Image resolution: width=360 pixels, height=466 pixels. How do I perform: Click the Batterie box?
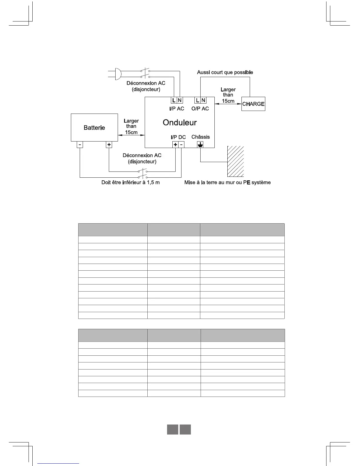(94, 127)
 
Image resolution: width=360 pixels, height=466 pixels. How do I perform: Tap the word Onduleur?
(180, 122)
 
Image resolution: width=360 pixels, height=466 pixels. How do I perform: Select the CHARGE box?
(253, 104)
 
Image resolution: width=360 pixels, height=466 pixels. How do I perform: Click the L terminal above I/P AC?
(174, 100)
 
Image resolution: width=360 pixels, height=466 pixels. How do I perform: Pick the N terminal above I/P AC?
(180, 100)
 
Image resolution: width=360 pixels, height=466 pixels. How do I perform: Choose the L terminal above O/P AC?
(198, 100)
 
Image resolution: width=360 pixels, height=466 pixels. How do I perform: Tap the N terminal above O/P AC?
(203, 100)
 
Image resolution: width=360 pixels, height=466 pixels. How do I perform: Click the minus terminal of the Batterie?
(80, 144)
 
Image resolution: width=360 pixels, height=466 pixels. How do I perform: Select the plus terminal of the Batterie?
(109, 144)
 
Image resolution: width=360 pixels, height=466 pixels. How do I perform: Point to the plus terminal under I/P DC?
(175, 144)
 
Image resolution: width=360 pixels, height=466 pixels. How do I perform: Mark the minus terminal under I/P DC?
(181, 144)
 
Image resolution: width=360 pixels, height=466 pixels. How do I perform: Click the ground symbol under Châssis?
(200, 144)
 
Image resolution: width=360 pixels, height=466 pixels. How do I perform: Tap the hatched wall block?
(236, 161)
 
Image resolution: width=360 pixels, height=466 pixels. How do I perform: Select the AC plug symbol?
(117, 74)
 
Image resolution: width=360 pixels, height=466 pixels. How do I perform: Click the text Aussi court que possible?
(225, 72)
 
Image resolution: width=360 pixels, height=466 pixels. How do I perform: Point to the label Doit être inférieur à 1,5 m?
(131, 182)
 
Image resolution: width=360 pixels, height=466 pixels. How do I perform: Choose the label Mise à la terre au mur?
(227, 182)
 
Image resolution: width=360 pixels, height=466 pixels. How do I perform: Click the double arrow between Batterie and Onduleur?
(131, 135)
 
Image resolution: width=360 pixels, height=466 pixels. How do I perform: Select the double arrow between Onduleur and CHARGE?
(228, 104)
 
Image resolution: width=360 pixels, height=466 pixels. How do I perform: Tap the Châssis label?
(201, 137)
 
